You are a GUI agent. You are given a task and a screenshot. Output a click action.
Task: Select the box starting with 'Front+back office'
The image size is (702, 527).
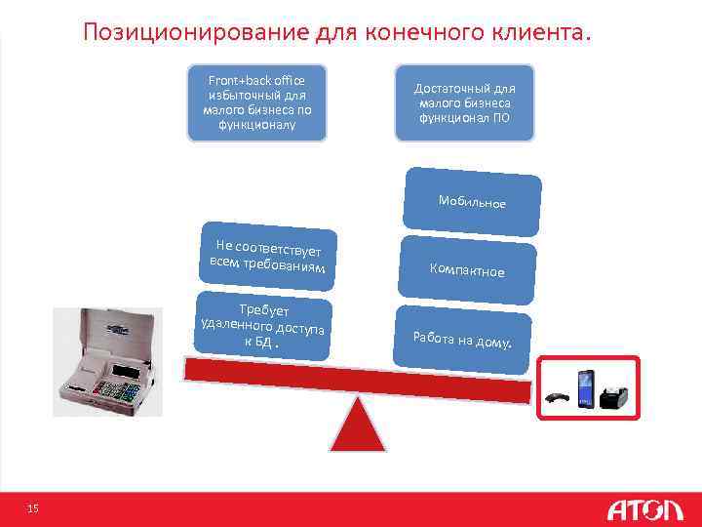click(256, 103)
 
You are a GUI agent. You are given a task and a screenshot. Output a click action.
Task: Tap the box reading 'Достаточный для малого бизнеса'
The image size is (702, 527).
click(464, 103)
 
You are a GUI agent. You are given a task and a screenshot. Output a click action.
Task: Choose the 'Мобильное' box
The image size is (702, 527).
click(472, 202)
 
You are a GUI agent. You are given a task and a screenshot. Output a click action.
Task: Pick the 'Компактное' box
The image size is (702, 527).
click(467, 269)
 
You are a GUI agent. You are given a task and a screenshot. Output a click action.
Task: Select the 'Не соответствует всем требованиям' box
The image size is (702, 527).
click(267, 256)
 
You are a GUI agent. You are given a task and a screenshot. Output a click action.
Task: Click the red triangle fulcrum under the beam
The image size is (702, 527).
click(357, 427)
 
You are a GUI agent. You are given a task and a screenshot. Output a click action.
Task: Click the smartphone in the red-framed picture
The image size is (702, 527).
click(586, 388)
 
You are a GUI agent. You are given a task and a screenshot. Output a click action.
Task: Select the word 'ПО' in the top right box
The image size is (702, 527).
click(499, 118)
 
